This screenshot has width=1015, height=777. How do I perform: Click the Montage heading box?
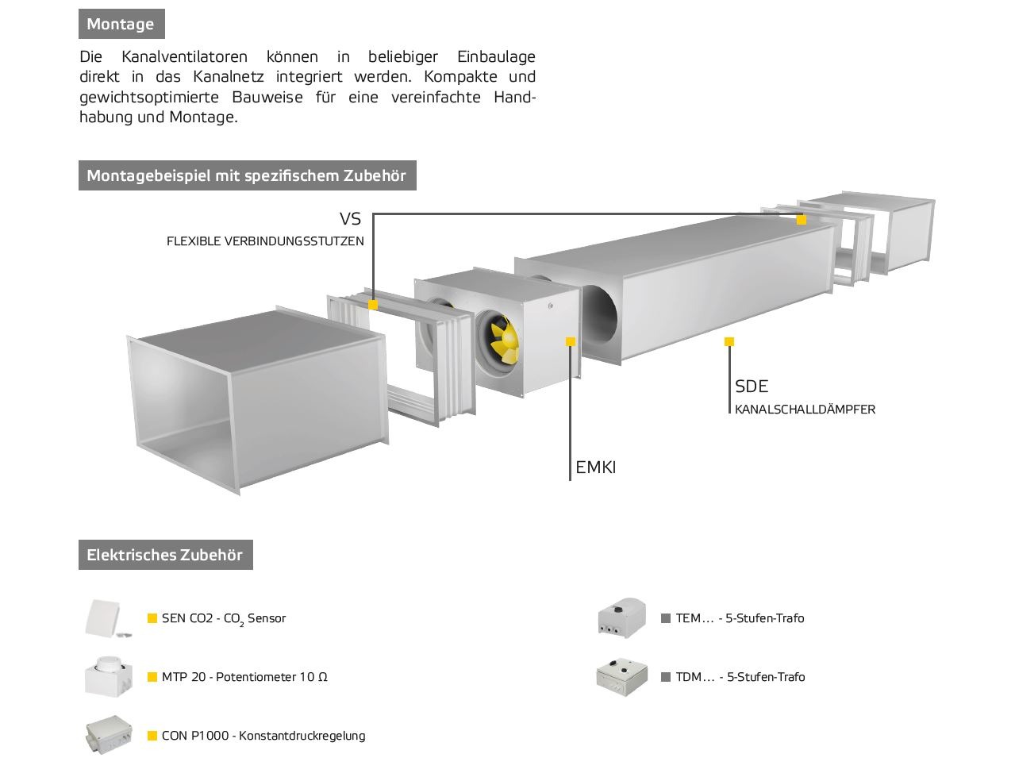coord(121,24)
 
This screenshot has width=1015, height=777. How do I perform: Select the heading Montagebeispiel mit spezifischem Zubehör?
coord(247,175)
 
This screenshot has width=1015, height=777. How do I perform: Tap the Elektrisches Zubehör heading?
coord(166,555)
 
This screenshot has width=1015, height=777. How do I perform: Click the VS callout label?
coord(350,219)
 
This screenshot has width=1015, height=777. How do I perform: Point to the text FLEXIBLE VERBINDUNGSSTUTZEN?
coord(265,241)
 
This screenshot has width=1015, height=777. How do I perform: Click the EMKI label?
coord(596,467)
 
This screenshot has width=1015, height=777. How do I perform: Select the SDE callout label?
coord(752,387)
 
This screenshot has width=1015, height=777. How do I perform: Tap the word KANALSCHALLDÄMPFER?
coord(805,410)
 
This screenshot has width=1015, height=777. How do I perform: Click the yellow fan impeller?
coord(504,340)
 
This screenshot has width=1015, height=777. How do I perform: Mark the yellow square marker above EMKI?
coord(570,341)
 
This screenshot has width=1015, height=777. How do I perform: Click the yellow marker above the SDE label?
coord(729,341)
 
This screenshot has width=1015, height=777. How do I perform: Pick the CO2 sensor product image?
coord(109,619)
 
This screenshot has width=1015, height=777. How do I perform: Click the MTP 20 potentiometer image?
coord(109,677)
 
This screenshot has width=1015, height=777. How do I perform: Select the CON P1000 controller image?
coord(109,736)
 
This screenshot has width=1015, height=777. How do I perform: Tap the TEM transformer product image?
coord(621,618)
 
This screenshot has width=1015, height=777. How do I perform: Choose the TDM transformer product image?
coord(621,677)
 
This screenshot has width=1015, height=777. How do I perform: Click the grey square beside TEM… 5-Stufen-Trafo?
coord(666,618)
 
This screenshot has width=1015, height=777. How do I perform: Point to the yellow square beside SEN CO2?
coord(152,618)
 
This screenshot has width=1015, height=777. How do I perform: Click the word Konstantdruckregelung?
coord(302,736)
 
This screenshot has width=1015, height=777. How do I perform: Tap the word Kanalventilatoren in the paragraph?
coord(184,56)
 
